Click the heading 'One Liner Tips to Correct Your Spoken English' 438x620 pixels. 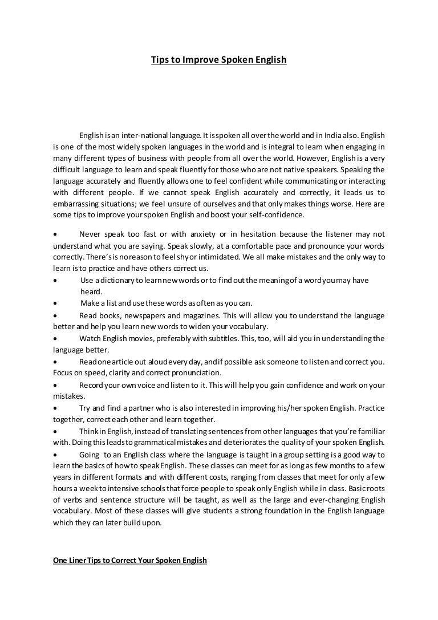(x=130, y=561)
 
